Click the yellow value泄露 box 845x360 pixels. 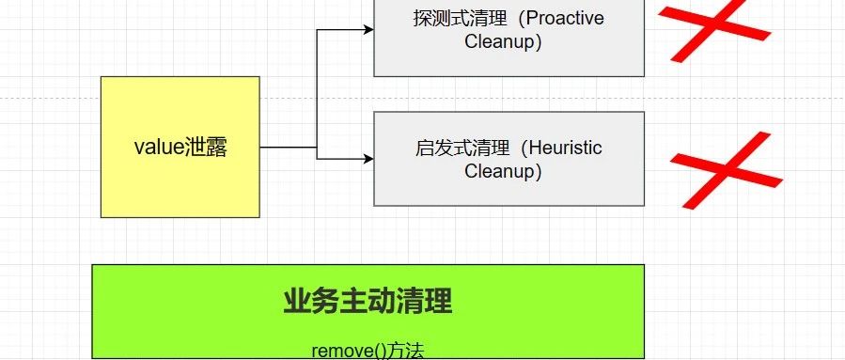180,188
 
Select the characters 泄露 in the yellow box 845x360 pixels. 207,148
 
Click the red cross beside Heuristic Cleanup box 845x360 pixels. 725,169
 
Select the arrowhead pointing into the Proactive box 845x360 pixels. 368,30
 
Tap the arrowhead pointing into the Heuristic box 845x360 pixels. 368,159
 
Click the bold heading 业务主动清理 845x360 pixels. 368,302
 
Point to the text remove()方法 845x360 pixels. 368,351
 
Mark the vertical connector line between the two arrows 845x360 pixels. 317,94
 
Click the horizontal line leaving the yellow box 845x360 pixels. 288,148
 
